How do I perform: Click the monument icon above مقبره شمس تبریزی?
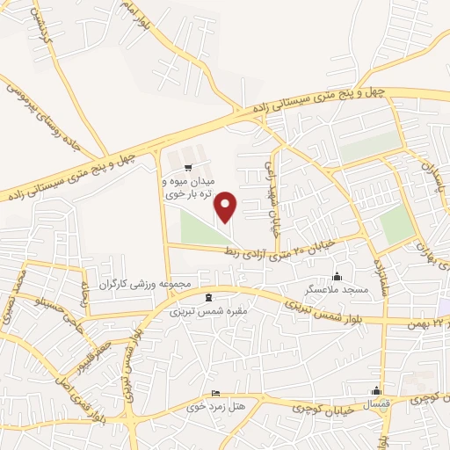tap(209, 297)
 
